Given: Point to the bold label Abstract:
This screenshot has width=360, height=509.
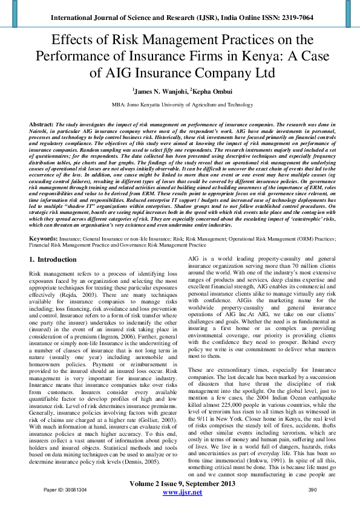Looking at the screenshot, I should coord(41,123).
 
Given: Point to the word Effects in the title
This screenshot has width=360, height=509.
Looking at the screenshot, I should coord(76,40).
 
